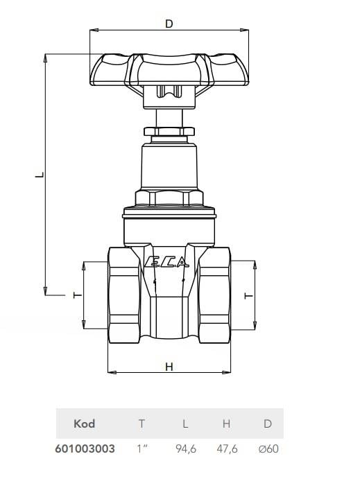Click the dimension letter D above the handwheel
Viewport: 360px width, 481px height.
point(169,24)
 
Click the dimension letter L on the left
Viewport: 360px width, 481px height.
point(40,175)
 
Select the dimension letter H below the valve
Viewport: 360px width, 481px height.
point(169,367)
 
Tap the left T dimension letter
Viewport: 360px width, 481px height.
point(78,295)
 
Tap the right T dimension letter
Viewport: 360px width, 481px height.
point(248,295)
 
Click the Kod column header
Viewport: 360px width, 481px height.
point(85,423)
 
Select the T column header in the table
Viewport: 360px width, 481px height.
point(142,423)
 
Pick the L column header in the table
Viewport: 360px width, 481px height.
point(185,423)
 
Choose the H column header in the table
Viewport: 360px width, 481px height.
point(226,423)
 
